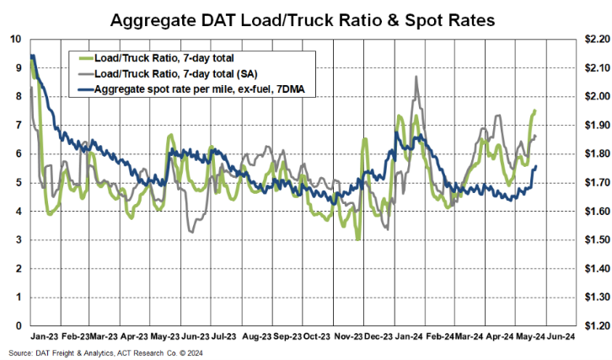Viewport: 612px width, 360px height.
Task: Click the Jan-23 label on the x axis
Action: point(43,335)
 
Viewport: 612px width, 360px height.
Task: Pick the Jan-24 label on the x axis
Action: point(409,335)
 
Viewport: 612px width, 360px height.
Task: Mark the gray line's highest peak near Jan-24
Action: point(416,77)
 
